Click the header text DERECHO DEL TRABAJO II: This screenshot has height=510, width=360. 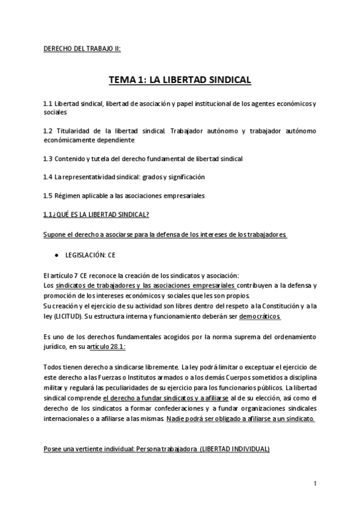pos(82,49)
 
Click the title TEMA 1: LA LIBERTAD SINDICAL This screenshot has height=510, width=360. pos(180,80)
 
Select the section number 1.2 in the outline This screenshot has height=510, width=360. pos(48,131)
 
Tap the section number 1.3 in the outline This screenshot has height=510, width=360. pos(48,159)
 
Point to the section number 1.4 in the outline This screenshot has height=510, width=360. pos(48,177)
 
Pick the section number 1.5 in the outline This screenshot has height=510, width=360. pos(48,196)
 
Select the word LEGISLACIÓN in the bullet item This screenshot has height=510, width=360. pos(84,255)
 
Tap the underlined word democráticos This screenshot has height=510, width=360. pos(260,315)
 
